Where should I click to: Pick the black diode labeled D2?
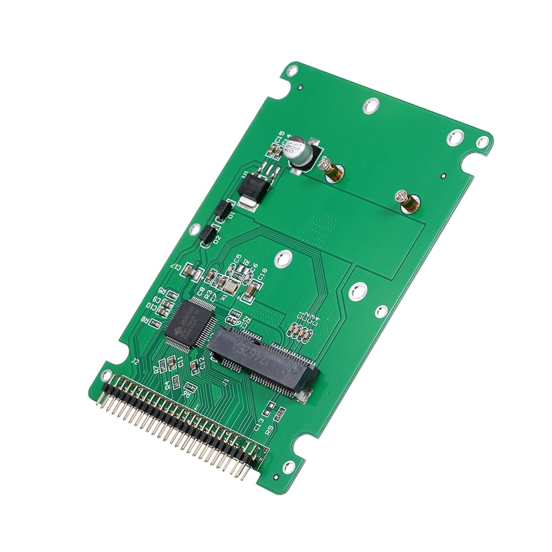tap(207, 235)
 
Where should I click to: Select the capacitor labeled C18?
tap(250, 290)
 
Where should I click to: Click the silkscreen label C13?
tap(258, 423)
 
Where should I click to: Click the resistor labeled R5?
tap(172, 295)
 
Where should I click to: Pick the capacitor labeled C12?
tap(194, 366)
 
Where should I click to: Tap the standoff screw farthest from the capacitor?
tap(407, 201)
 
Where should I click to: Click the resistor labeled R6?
tap(189, 386)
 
